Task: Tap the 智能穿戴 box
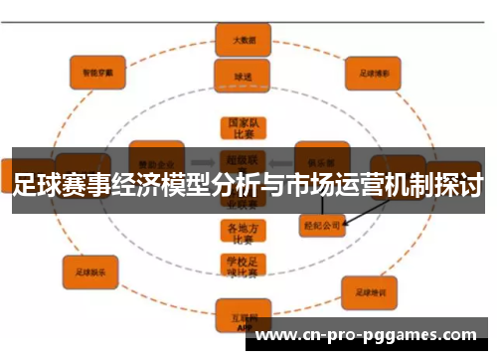point(97,72)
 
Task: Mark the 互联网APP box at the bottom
point(240,316)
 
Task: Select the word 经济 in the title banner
point(135,184)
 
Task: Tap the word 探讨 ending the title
point(459,184)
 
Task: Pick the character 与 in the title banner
point(271,184)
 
